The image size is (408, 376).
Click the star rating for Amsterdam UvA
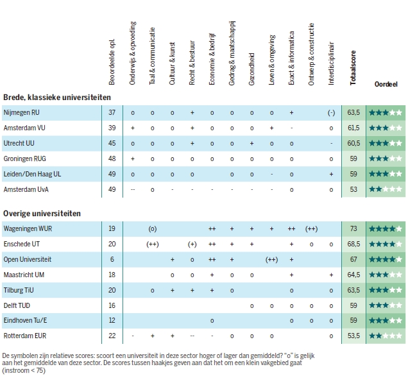click(386, 189)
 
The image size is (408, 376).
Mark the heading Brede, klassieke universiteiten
click(57, 97)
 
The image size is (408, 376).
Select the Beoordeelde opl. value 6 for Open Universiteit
click(112, 259)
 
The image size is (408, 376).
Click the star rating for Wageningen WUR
click(386, 228)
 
